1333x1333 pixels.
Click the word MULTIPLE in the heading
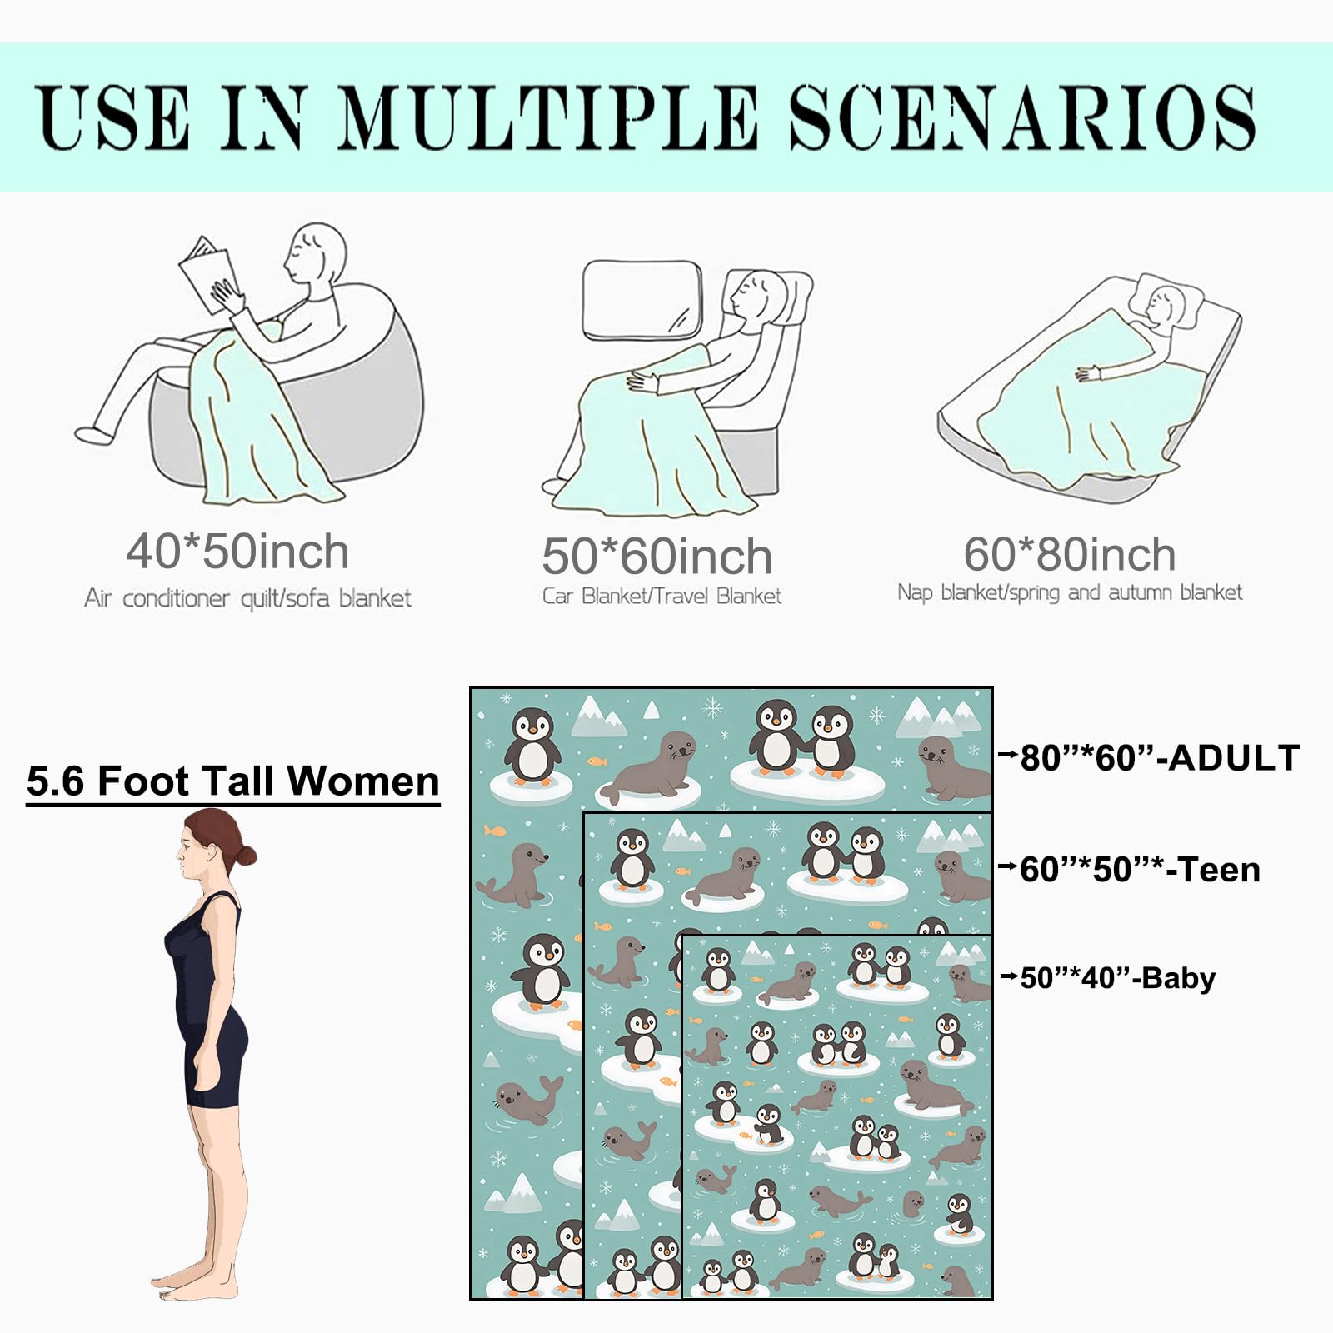548,117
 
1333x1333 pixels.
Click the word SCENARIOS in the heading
1021,117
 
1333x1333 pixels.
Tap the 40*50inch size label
237,552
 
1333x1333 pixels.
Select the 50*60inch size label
657,557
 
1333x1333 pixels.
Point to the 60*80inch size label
1070,554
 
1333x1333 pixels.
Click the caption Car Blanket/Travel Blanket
662,596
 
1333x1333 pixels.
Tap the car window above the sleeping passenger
642,300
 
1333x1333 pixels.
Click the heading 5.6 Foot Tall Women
233,782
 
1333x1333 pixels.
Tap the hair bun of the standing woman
246,855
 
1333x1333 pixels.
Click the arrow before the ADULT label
1008,756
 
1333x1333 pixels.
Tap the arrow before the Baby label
1009,976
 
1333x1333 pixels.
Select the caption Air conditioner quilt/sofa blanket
247,598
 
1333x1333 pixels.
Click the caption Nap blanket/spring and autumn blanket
1070,592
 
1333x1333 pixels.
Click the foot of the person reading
92,434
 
